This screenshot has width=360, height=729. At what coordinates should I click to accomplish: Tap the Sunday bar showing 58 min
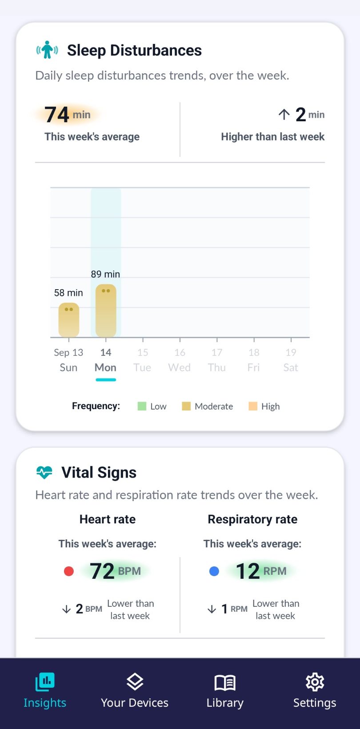pyautogui.click(x=69, y=320)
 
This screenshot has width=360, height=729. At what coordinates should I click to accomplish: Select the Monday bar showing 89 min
pyautogui.click(x=106, y=311)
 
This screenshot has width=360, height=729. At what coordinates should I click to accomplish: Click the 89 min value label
pyautogui.click(x=105, y=274)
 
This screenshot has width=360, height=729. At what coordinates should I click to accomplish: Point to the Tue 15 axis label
pyautogui.click(x=143, y=360)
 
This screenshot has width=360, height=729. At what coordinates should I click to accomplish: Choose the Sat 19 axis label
pyautogui.click(x=291, y=360)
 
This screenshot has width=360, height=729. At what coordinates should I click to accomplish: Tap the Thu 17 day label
pyautogui.click(x=217, y=360)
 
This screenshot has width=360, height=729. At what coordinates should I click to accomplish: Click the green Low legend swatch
pyautogui.click(x=142, y=406)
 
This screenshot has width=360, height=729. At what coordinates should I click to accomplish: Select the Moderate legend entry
pyautogui.click(x=208, y=406)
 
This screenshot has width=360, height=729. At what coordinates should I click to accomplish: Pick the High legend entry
pyautogui.click(x=264, y=406)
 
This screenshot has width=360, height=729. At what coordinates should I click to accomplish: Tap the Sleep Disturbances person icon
pyautogui.click(x=47, y=50)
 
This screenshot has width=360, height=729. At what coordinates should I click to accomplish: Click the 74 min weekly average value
pyautogui.click(x=68, y=115)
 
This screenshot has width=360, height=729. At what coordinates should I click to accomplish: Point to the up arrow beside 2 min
pyautogui.click(x=284, y=114)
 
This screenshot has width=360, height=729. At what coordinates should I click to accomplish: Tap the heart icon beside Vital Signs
pyautogui.click(x=44, y=473)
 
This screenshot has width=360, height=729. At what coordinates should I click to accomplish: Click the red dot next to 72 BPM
pyautogui.click(x=69, y=571)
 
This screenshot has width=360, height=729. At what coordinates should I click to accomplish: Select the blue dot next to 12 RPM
pyautogui.click(x=214, y=571)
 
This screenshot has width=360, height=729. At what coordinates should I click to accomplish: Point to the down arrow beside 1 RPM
pyautogui.click(x=212, y=609)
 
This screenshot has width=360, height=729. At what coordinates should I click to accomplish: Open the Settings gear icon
pyautogui.click(x=315, y=682)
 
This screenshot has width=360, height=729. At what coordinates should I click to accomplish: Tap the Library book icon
pyautogui.click(x=225, y=682)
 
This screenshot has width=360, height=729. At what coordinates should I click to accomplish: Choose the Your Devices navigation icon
pyautogui.click(x=135, y=682)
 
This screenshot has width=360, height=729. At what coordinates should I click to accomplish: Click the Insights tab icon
pyautogui.click(x=45, y=682)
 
